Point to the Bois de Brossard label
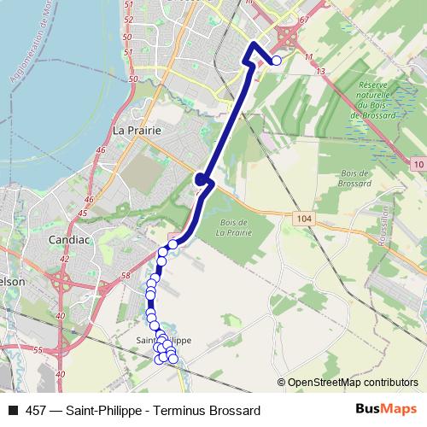pyautogui.click(x=354, y=178)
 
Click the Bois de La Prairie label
pyautogui.click(x=234, y=226)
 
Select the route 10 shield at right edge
pyautogui.click(x=417, y=163)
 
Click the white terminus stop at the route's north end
pyautogui.click(x=276, y=61)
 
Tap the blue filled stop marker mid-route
pyautogui.click(x=201, y=179)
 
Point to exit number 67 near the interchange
pyautogui.click(x=302, y=18)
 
